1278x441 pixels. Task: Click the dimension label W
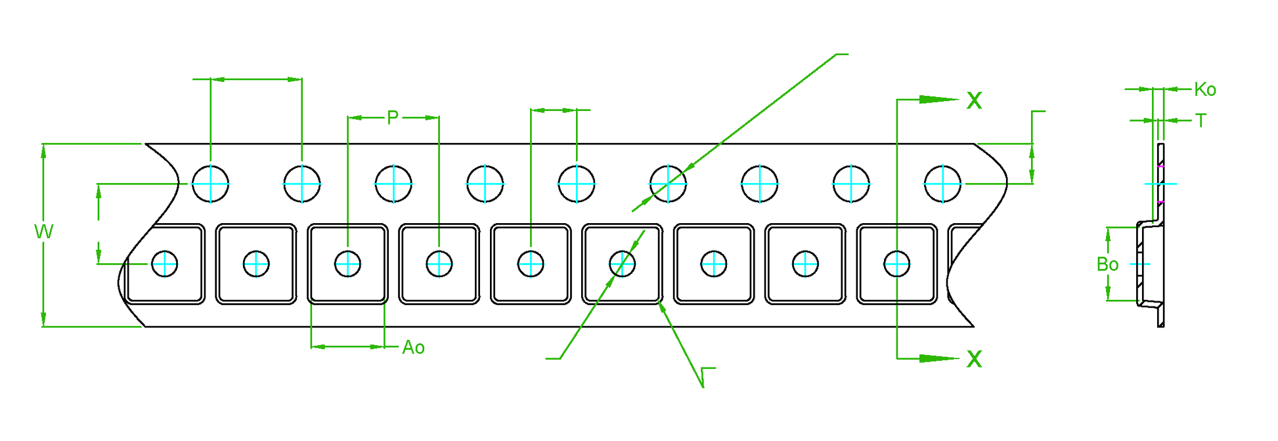coord(43,232)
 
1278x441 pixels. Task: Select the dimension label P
coord(393,117)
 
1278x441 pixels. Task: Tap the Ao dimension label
coord(413,348)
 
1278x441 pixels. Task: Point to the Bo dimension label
coord(1107,264)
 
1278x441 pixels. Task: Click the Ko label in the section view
coord(1204,90)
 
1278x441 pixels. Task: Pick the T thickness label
coord(1201,121)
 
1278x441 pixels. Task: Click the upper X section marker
coord(975,100)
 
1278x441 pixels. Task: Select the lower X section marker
coord(975,359)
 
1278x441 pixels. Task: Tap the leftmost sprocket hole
coord(211,184)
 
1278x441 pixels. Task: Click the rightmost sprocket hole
coord(942,184)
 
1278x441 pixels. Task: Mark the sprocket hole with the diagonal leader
coord(668,184)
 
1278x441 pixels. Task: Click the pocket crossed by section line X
coord(896,264)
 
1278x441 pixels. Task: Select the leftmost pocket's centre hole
coord(165,264)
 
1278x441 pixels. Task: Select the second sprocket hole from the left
coord(302,184)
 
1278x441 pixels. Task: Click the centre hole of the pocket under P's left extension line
coord(347,264)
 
